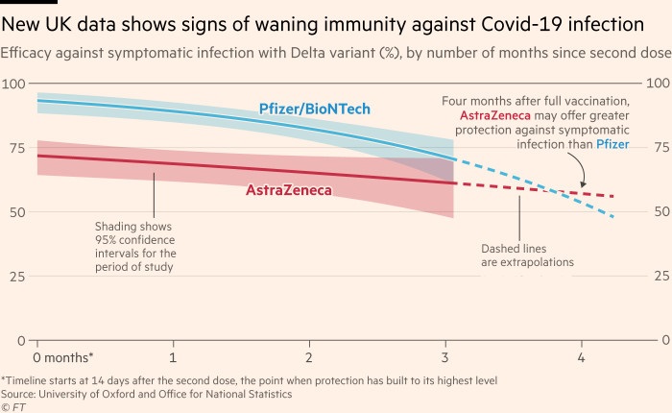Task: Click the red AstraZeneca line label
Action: (x=289, y=190)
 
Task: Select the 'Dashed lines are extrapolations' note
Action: (x=527, y=255)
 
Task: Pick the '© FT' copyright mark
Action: (x=15, y=406)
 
